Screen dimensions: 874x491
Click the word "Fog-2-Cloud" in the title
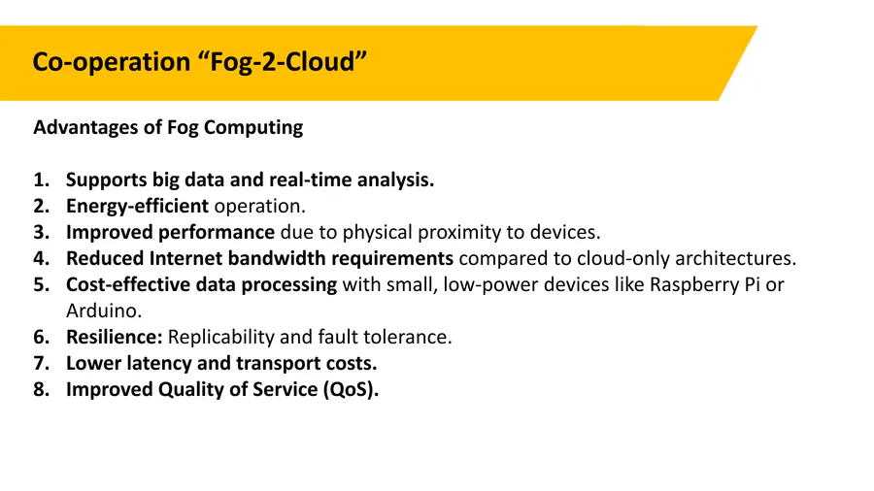pos(283,62)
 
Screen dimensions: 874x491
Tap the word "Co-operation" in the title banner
pos(112,62)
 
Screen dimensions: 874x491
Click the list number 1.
pos(41,180)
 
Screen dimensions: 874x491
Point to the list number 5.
pos(41,284)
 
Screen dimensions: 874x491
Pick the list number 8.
pos(41,389)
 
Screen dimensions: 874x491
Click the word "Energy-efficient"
pos(137,207)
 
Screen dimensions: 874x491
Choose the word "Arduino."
pos(104,311)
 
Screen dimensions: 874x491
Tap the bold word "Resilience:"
pos(115,337)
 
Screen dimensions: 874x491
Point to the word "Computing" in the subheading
pos(253,128)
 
